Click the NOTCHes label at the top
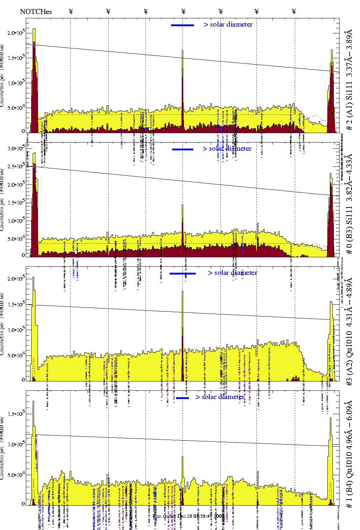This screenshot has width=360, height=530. (x=36, y=11)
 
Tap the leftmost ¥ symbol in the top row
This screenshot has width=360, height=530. (x=71, y=11)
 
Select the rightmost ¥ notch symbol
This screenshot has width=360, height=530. (x=294, y=11)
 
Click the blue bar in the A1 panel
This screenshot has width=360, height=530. (x=183, y=25)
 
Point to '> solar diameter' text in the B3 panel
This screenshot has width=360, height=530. (x=227, y=149)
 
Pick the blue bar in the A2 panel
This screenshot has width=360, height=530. (x=183, y=273)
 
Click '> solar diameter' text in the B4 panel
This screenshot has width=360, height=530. (x=220, y=397)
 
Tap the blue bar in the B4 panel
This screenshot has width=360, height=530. (x=183, y=398)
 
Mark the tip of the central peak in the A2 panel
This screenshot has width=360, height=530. (x=183, y=291)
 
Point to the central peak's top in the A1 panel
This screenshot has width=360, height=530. (x=183, y=50)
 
